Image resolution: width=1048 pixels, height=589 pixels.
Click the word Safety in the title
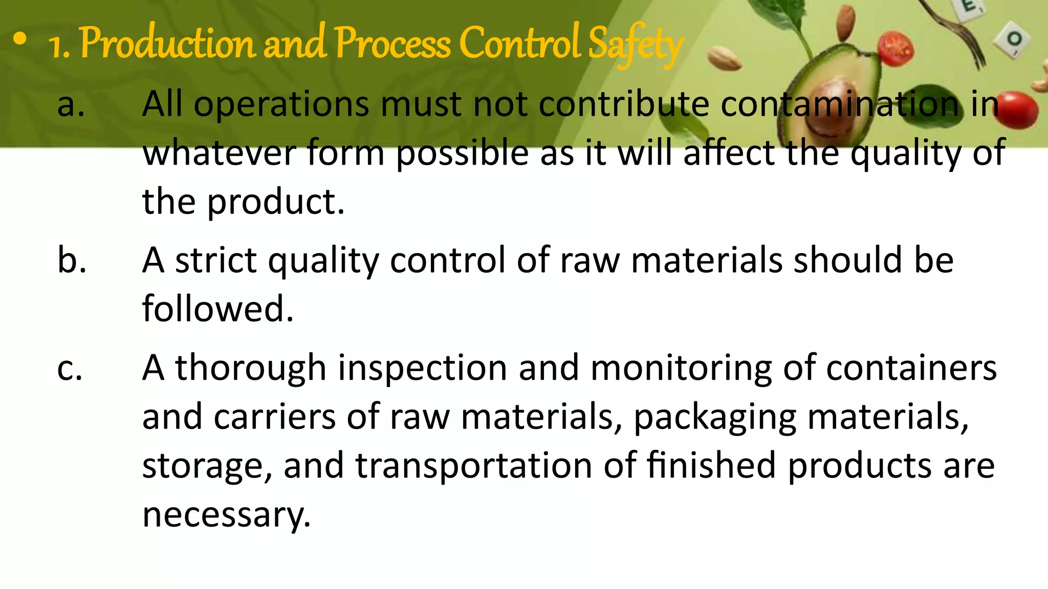click(x=635, y=45)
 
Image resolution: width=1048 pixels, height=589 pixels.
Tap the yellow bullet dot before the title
click(x=20, y=39)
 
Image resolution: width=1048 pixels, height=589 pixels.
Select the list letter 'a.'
click(x=71, y=104)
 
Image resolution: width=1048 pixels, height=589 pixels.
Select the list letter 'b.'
click(x=72, y=260)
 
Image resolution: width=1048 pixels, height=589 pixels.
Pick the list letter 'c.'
click(x=70, y=368)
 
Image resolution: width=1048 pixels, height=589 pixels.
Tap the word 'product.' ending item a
click(x=276, y=202)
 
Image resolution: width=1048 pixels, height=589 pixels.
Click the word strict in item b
click(x=215, y=260)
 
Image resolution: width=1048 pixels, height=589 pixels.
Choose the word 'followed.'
click(x=218, y=309)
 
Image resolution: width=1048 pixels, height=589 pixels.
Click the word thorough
click(x=251, y=368)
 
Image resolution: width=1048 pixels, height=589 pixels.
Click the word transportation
click(x=474, y=466)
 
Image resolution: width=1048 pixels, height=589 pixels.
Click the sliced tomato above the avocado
click(x=897, y=49)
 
